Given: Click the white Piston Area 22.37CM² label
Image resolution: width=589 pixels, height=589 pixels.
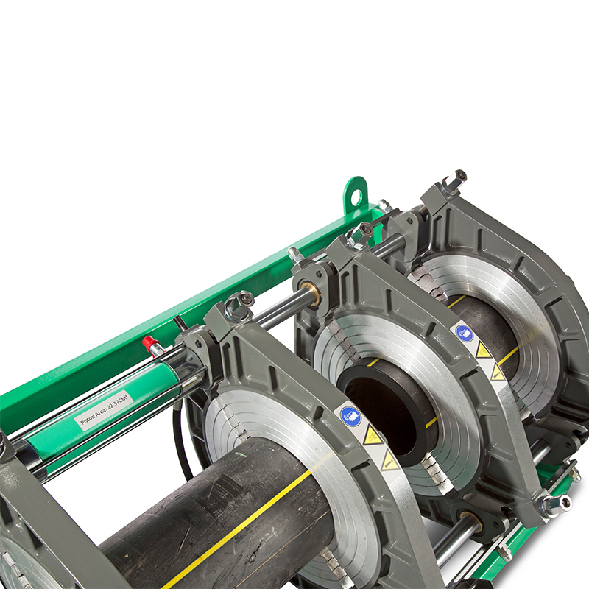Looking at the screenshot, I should tap(103, 410).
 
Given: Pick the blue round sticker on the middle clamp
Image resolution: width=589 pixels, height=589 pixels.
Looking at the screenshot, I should tap(464, 332).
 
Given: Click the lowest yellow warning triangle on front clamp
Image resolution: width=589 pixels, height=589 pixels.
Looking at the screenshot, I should tap(389, 461).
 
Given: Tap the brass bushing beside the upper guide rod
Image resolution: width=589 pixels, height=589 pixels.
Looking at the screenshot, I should tap(311, 294).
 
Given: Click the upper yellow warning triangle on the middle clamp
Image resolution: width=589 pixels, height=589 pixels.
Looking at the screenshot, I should tap(483, 350).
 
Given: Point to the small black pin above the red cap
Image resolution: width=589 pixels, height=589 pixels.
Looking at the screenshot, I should tap(177, 322).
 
